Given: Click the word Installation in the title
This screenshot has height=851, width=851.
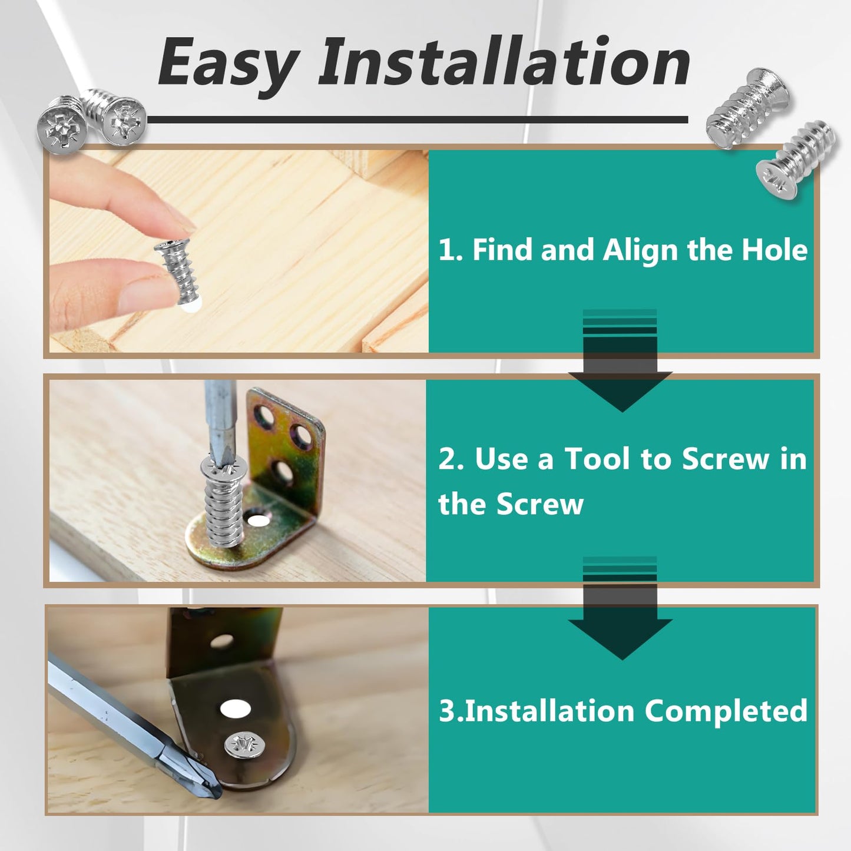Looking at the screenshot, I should tap(504, 62).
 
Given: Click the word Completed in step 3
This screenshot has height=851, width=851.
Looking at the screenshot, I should tap(726, 711).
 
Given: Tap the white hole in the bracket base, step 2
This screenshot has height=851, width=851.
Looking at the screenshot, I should tap(257, 521).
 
